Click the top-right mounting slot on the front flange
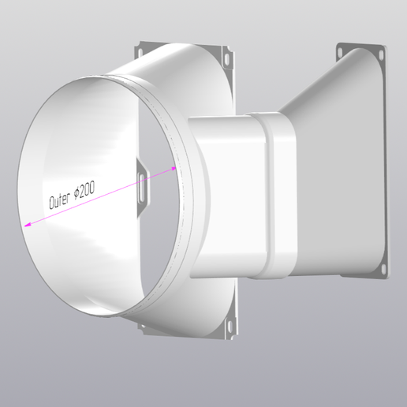pos(228,60)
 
